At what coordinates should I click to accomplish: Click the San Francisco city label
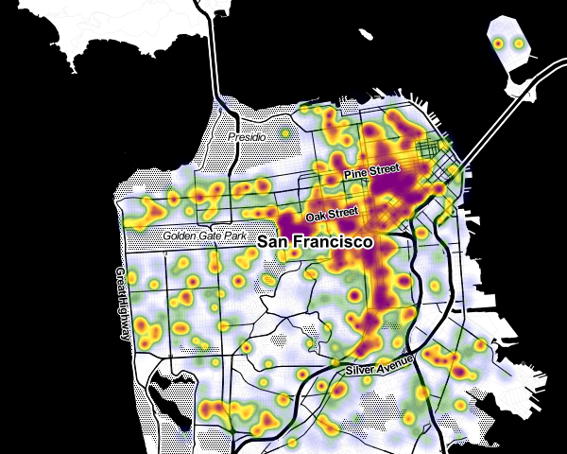point(316,242)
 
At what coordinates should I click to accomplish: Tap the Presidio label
point(248,137)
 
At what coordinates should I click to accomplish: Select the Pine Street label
point(371,173)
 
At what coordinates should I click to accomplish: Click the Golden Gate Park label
point(203,235)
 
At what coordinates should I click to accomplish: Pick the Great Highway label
point(123,304)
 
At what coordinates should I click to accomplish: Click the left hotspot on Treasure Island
point(499,43)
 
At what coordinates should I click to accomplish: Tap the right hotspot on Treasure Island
point(517,44)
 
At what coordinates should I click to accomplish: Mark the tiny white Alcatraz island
point(367,34)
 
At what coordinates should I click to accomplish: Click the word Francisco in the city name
point(338,242)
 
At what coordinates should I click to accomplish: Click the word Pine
point(355,175)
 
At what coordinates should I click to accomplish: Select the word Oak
point(316,218)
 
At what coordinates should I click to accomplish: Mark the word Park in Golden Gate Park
point(232,234)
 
